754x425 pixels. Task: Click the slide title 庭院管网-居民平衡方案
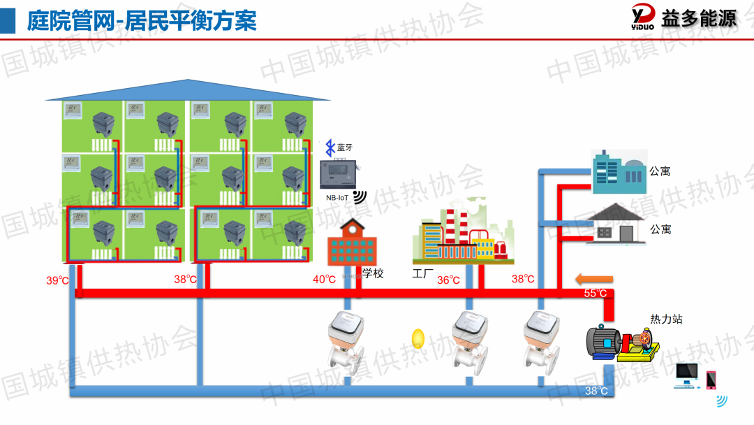(x=142, y=20)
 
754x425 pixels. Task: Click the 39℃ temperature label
(x=57, y=280)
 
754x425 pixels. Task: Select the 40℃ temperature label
(x=324, y=280)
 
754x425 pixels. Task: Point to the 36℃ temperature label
(x=448, y=280)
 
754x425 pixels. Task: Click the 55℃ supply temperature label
(x=596, y=294)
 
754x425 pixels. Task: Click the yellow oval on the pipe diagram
(x=418, y=339)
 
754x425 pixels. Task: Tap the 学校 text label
(x=373, y=273)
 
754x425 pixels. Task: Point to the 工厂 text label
(x=423, y=273)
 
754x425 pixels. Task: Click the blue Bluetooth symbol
(x=330, y=147)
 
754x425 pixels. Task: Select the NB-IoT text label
(x=339, y=198)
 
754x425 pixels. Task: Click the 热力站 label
(x=666, y=319)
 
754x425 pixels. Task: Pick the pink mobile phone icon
(x=711, y=380)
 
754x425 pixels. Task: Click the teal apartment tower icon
(x=618, y=171)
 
